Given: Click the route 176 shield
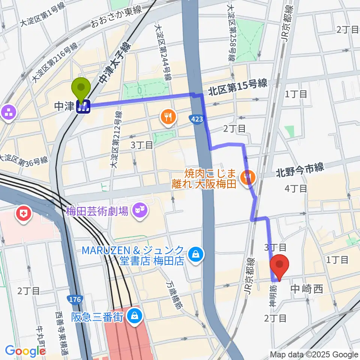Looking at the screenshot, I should click(73, 299).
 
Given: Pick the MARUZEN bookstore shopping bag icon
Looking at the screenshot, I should click(195, 255).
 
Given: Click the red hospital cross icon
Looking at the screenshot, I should click(23, 214).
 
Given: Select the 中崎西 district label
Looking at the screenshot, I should click(307, 289).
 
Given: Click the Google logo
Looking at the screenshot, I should click(25, 351).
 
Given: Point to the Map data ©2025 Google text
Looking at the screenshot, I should click(314, 354).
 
